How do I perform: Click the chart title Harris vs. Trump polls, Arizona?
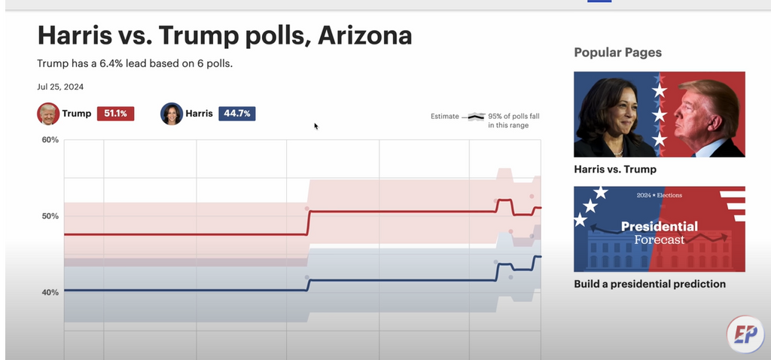coord(224,36)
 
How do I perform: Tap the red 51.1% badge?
coord(115,114)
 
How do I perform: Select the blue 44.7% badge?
coord(236,114)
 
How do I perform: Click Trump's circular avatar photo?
coord(48,114)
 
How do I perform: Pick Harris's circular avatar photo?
coord(172,114)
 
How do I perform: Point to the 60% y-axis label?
coord(50,140)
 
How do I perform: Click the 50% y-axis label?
coord(50,216)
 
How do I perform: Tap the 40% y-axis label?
coord(50,292)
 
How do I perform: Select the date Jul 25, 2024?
coord(60,87)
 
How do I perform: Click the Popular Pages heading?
coord(617,53)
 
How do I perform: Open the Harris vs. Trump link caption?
coord(614,169)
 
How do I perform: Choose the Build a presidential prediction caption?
coord(649,284)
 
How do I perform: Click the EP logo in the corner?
coord(745,334)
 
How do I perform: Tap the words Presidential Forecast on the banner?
coord(659,232)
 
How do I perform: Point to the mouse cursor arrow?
coord(316,126)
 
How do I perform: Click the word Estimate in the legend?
coord(444,117)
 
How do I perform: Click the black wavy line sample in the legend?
coord(475,117)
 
